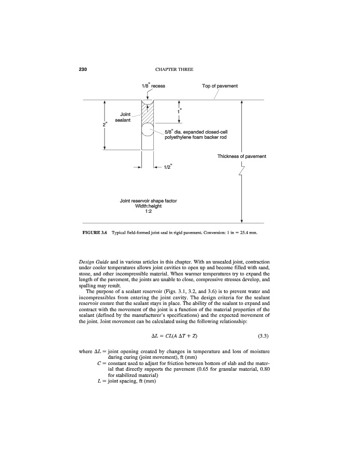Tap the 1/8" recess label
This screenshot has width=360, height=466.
pos(153,85)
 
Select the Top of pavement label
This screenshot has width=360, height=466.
pos(220,85)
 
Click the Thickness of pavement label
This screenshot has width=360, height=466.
pos(242,156)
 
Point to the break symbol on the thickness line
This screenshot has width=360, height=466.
pos(241,170)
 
